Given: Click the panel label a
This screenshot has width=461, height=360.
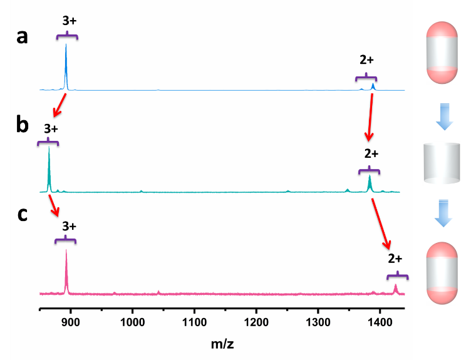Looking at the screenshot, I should [23, 37].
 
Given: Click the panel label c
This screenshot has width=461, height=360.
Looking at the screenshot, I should [23, 214].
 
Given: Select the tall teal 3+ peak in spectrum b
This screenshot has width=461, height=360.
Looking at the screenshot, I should [49, 169].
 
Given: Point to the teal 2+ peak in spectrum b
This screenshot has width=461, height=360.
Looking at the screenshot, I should [370, 183].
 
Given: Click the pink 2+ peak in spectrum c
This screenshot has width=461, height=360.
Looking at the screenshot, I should [395, 289].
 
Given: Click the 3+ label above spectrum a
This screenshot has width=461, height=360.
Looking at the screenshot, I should [70, 20].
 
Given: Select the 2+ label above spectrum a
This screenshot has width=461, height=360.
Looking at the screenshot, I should [366, 60].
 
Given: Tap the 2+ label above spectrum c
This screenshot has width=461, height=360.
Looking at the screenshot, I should [395, 259].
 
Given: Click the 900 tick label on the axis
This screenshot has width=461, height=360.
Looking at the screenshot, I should [71, 322].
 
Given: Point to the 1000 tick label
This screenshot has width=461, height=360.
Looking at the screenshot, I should [132, 322].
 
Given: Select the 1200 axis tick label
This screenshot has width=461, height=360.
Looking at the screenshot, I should [256, 322].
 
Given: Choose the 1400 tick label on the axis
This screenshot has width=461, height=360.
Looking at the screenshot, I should [380, 322].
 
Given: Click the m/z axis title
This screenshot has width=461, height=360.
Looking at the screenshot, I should [224, 344].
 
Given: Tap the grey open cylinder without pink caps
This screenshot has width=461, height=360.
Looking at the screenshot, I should [443, 164].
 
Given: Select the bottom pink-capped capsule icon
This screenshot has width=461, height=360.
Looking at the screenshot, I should [443, 274].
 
